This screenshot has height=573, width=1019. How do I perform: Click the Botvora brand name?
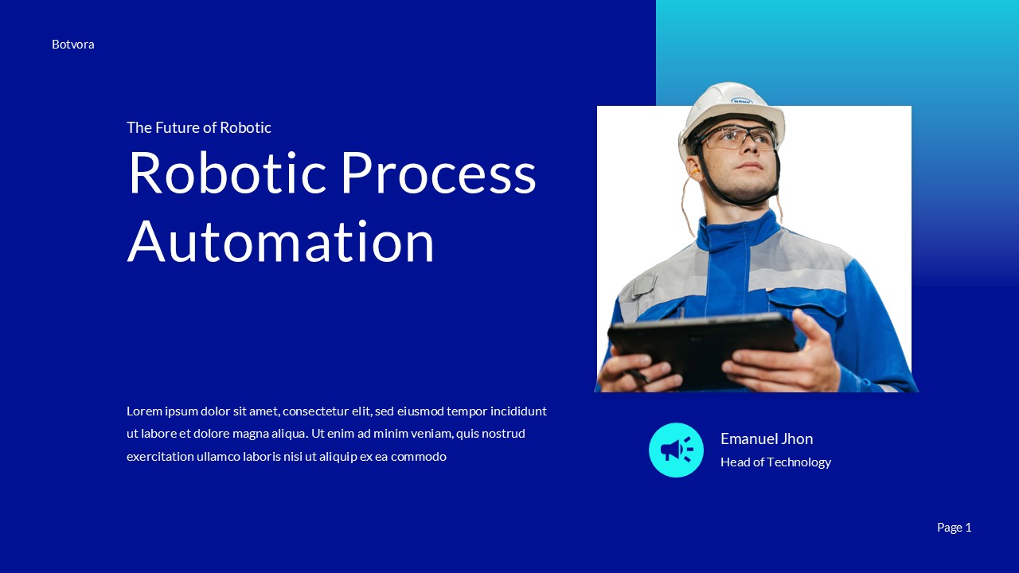point(73,45)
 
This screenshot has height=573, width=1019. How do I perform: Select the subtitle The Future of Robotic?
point(199,127)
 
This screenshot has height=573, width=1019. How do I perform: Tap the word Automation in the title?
point(281,242)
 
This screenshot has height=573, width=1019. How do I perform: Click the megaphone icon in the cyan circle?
point(676,450)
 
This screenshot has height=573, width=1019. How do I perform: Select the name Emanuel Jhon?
point(767,439)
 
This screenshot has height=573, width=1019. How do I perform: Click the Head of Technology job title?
point(775,462)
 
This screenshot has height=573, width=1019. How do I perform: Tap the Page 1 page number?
point(954,528)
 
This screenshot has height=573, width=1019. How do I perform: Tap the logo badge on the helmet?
point(741,101)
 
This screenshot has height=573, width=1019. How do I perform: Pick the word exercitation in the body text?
point(160,457)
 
